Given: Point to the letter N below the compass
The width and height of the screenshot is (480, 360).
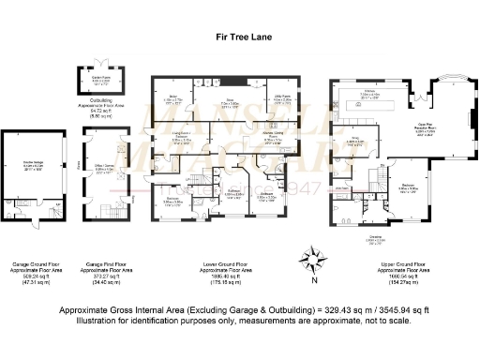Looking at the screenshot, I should pyautogui.click(x=316, y=278).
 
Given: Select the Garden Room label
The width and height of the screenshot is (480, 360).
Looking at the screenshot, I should pyautogui.click(x=98, y=82).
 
